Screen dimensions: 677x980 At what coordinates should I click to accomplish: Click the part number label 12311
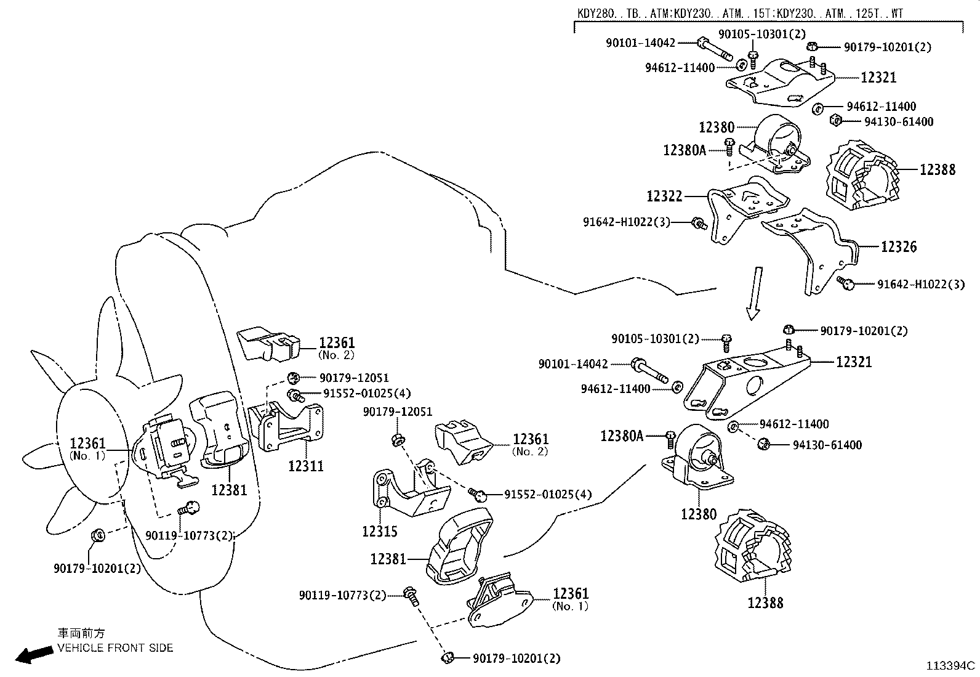click(x=306, y=466)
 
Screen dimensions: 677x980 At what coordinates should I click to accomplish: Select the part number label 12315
click(x=379, y=530)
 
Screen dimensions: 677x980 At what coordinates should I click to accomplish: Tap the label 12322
click(x=664, y=196)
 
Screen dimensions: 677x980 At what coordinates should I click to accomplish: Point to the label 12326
click(x=898, y=247)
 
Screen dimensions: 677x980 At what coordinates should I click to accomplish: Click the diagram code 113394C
click(x=952, y=665)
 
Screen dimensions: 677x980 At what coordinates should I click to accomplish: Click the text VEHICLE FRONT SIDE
click(x=115, y=647)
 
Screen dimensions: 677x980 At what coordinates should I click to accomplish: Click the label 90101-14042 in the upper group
click(x=640, y=43)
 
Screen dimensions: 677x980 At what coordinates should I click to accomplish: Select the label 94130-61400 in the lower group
click(x=827, y=445)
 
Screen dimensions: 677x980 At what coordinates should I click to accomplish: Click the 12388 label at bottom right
click(x=765, y=602)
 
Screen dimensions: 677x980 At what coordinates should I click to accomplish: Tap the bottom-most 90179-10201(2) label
click(x=516, y=659)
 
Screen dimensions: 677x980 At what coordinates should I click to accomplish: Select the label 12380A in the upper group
click(x=684, y=150)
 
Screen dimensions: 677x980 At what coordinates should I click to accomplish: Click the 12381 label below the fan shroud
click(x=228, y=490)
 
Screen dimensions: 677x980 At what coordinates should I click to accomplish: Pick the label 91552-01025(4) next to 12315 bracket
click(x=547, y=494)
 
